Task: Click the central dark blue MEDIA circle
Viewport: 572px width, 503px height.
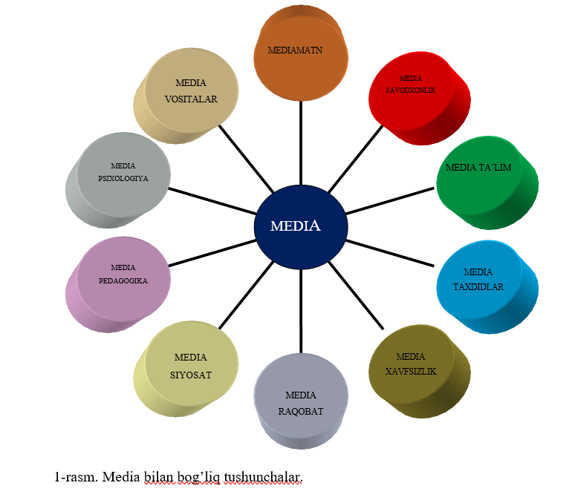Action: click(x=301, y=226)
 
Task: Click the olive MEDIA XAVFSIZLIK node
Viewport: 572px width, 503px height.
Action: click(x=415, y=364)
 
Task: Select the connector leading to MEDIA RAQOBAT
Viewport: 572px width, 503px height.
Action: click(x=301, y=312)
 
